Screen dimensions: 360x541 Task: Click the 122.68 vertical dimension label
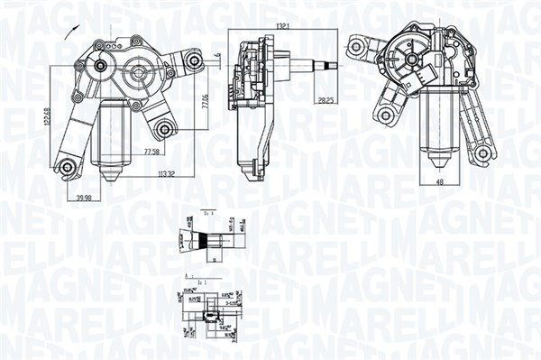coord(51,116)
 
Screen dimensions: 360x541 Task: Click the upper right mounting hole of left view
coord(193,61)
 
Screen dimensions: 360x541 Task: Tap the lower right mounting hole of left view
coord(163,127)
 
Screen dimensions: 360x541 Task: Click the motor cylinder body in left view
coord(112,135)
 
